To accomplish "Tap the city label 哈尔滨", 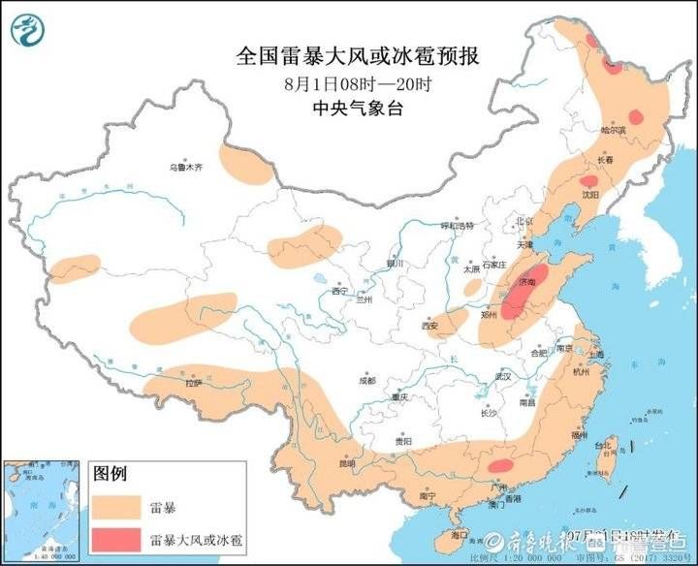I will coord(613,129).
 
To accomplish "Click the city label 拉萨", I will coord(193,383).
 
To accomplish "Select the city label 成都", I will coord(365,381).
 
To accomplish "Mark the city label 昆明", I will coord(346,462).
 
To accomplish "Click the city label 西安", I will coord(429,327).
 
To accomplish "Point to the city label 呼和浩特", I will coord(457,225).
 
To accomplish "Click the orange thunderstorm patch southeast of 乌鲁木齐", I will coord(246,165).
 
